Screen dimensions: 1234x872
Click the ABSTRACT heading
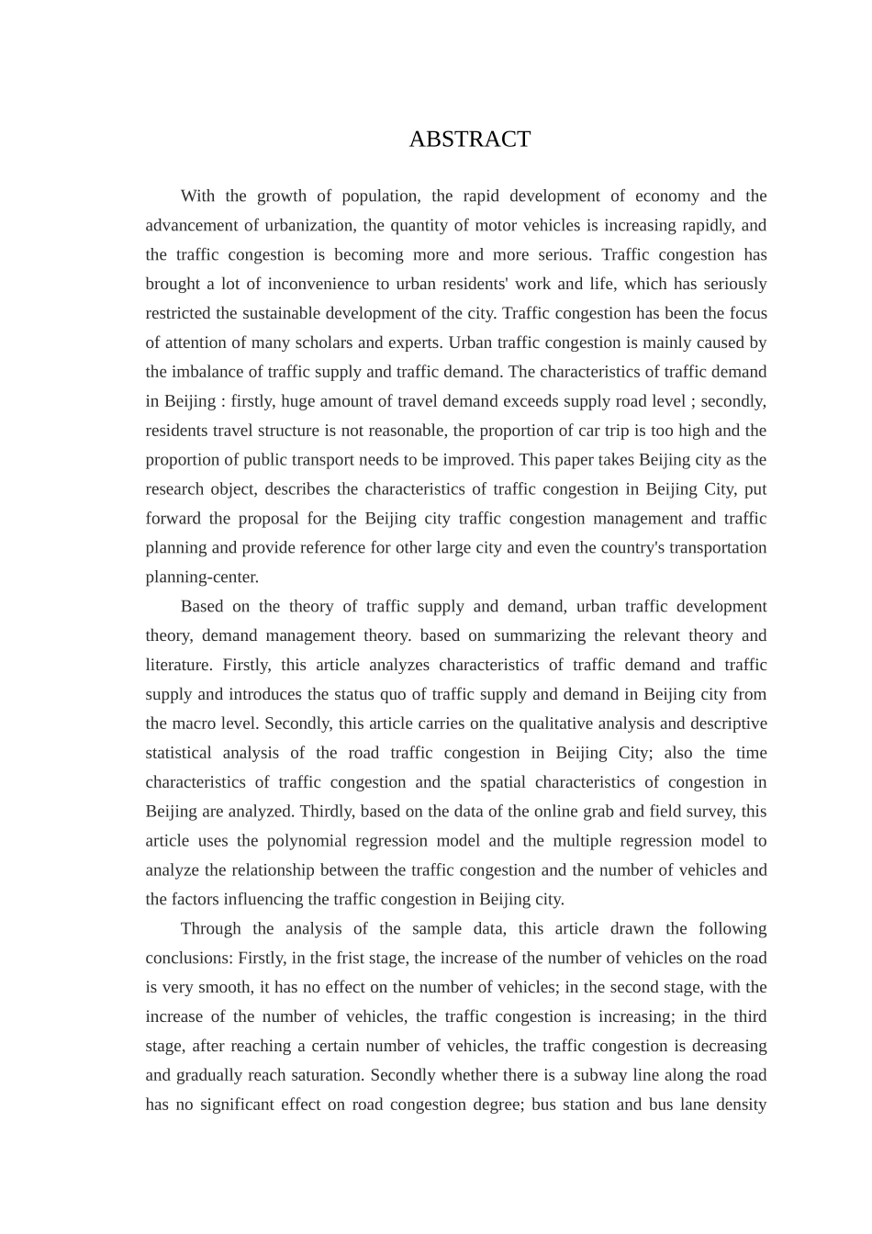pyautogui.click(x=469, y=139)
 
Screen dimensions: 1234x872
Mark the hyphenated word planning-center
pyautogui.click(x=202, y=578)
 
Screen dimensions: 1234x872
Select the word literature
pyautogui.click(x=178, y=665)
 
